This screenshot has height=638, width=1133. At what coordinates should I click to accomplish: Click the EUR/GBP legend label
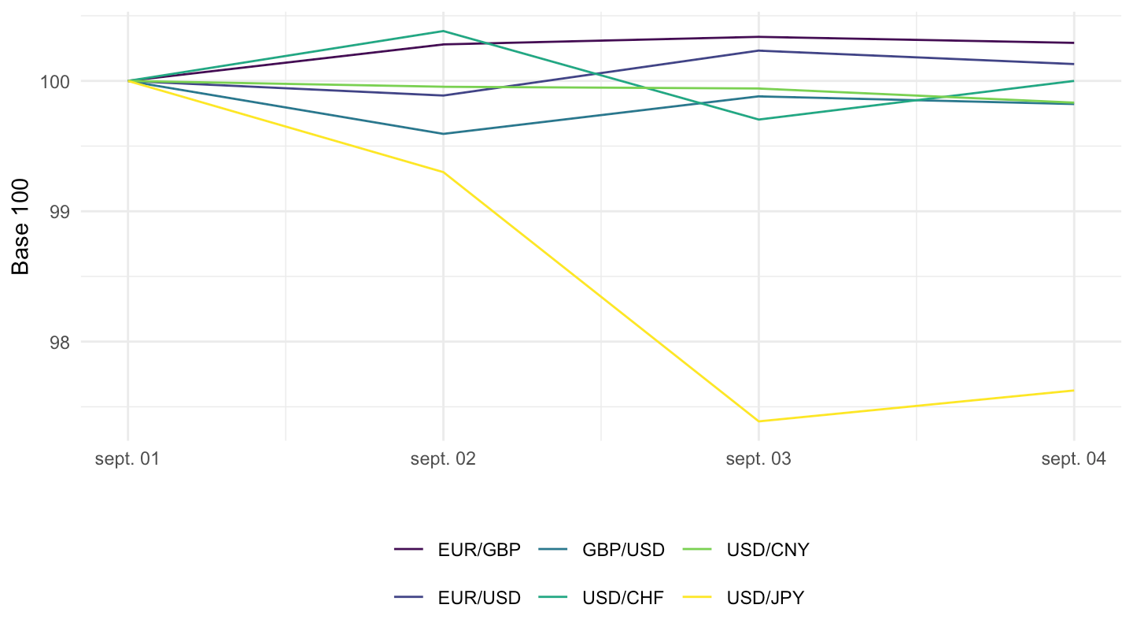[x=479, y=550]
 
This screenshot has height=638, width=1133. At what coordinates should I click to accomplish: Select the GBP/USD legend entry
[x=623, y=550]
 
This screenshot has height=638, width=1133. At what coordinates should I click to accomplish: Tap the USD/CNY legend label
[x=768, y=550]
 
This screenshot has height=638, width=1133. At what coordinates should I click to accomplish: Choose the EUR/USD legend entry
[x=479, y=598]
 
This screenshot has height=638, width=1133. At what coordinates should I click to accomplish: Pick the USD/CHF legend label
[x=622, y=598]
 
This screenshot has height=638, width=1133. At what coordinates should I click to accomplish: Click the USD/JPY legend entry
[x=766, y=598]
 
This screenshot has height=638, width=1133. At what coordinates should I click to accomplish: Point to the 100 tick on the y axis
[x=55, y=82]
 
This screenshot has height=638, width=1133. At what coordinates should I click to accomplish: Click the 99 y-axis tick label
[x=60, y=212]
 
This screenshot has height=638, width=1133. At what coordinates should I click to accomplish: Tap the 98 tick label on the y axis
[x=60, y=343]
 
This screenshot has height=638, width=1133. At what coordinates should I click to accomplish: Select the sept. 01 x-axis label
[x=127, y=459]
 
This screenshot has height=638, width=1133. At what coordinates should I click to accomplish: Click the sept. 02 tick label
[x=443, y=459]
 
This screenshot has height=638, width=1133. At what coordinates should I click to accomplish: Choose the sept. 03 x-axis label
[x=758, y=459]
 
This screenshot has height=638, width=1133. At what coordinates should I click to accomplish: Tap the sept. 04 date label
[x=1073, y=459]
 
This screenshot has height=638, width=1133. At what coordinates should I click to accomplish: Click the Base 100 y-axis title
[x=20, y=227]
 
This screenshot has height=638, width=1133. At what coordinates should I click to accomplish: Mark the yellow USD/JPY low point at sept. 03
[x=758, y=421]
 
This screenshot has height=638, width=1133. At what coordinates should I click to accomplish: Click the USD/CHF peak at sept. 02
[x=443, y=31]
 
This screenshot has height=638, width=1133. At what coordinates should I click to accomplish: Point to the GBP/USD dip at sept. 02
[x=443, y=134]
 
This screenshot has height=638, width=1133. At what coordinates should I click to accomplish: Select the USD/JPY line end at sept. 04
[x=1073, y=391]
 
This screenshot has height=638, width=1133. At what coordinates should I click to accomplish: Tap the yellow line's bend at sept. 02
[x=443, y=172]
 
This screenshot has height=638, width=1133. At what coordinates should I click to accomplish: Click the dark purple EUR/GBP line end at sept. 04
[x=1073, y=43]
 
